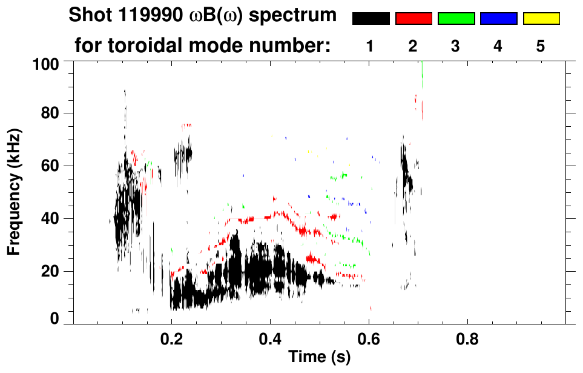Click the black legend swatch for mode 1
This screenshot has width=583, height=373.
click(371, 19)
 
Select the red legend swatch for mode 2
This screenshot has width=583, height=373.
click(413, 19)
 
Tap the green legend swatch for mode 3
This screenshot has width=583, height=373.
click(456, 19)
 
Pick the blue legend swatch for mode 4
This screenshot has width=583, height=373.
click(498, 19)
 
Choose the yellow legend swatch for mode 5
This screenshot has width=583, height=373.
click(541, 19)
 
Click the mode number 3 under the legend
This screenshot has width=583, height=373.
click(456, 46)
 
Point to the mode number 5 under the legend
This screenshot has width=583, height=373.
click(541, 46)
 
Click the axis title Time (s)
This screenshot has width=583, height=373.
click(318, 358)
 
